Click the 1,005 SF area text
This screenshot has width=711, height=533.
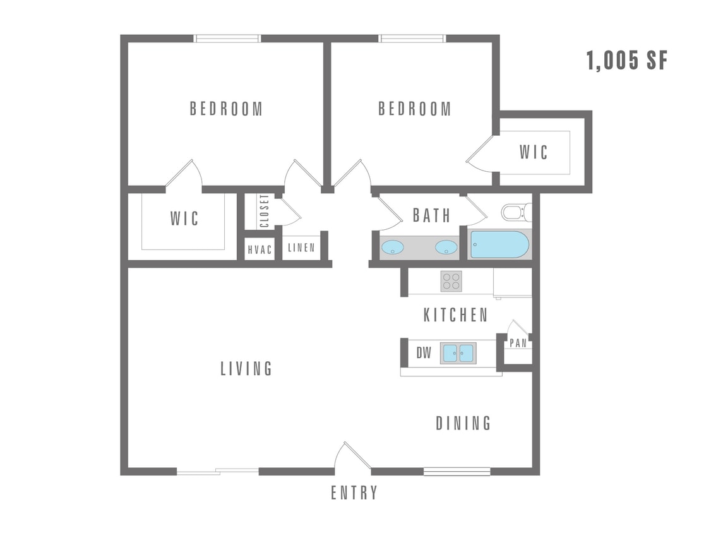point(626,61)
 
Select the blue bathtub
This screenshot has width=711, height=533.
point(499,244)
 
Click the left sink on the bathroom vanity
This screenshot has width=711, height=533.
point(393,247)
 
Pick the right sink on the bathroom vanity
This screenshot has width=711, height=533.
point(446,247)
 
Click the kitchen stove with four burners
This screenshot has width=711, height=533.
point(451,280)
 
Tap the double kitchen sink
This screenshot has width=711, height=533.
point(458,352)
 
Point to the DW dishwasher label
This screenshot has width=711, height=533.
point(424,353)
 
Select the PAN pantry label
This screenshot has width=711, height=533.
point(518,344)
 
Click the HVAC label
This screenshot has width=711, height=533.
point(260,249)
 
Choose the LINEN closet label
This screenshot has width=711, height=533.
point(301,248)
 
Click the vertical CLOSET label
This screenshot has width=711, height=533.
point(264,211)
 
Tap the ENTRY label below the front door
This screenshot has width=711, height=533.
point(354,493)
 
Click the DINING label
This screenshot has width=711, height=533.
point(463,423)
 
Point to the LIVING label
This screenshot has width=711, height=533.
point(246,368)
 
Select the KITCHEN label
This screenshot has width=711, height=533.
point(455,314)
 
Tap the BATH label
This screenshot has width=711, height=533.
point(432,215)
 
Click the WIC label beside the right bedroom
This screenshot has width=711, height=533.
point(534,152)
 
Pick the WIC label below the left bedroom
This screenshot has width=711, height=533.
point(184,219)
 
